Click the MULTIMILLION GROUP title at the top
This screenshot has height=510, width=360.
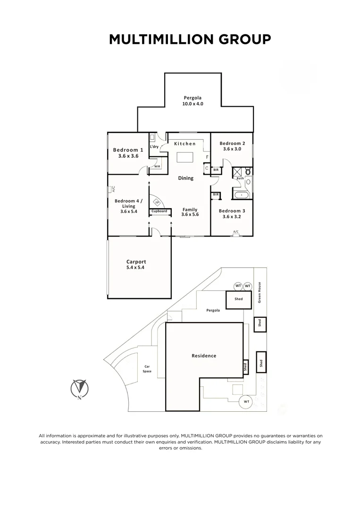[x=190, y=39]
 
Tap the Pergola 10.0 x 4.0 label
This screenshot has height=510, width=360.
[x=193, y=101]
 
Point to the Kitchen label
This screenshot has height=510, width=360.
[x=185, y=144]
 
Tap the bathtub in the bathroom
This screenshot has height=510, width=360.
[x=241, y=195]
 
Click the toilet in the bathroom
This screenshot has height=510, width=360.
[x=249, y=171]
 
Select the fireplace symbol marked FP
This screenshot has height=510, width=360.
[x=158, y=203]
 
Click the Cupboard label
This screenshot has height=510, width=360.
[x=159, y=211]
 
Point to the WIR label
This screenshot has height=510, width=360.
[x=157, y=167]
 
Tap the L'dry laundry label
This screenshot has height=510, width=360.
[x=154, y=147]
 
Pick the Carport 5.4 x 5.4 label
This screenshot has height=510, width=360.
[x=136, y=264]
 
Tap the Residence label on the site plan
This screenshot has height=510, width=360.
[x=204, y=356]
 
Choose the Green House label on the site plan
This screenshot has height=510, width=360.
[x=260, y=292]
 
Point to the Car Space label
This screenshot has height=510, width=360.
[x=147, y=369]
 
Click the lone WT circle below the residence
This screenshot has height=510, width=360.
[x=246, y=402]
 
